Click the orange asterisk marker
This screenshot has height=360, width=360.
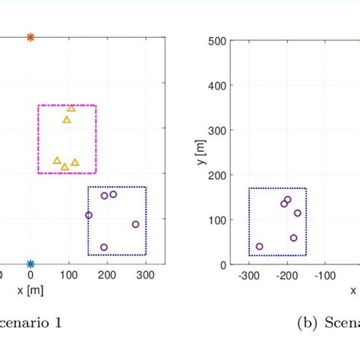click(x=30, y=36)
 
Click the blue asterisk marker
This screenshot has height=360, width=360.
click(x=30, y=264)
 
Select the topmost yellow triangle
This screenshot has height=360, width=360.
click(x=71, y=108)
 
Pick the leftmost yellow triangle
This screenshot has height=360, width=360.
click(x=57, y=160)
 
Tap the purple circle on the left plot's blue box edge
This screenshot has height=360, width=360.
click(x=89, y=215)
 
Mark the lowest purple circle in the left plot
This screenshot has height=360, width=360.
click(x=104, y=247)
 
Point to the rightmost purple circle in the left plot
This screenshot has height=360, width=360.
click(x=136, y=224)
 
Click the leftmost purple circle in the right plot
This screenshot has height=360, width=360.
click(x=260, y=246)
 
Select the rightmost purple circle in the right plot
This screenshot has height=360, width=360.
click(x=298, y=213)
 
